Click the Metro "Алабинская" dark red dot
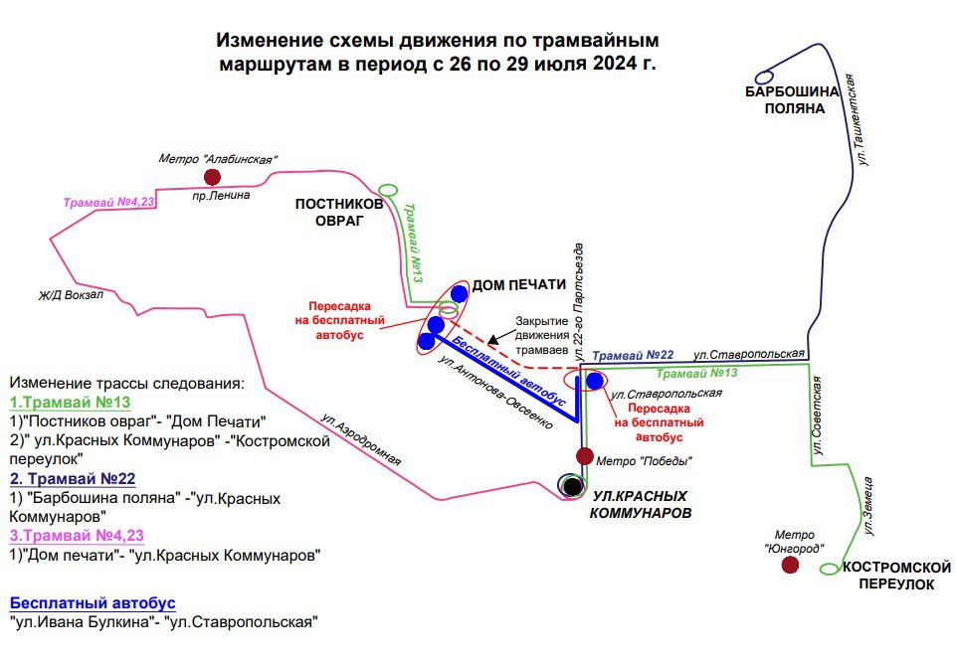coord(212,177)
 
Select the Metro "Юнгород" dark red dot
coord(790,565)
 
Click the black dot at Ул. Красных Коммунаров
coord(572,485)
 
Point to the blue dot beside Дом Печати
coord(459,293)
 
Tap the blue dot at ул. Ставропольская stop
coord(594,381)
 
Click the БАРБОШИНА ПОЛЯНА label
coord(794,100)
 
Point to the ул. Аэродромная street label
coord(361,439)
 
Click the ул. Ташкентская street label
coord(863,125)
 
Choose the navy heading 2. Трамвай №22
coord(72,478)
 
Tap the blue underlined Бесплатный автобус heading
coord(93,603)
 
